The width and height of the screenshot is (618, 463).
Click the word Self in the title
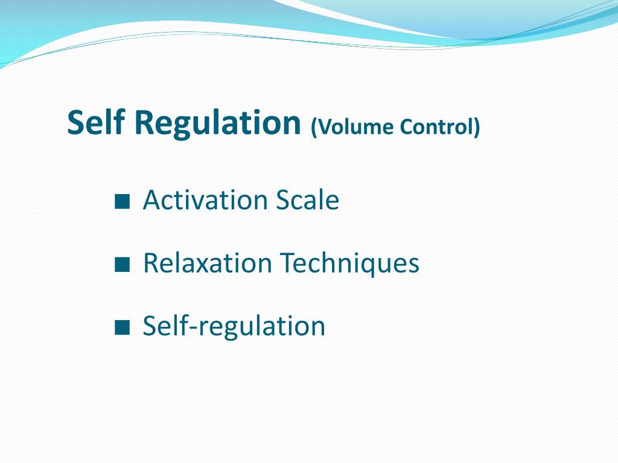(96, 122)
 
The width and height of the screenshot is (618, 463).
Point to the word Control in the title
(436, 127)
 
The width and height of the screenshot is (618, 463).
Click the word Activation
(206, 200)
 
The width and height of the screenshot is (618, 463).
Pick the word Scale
(307, 200)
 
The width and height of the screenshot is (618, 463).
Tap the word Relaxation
(208, 263)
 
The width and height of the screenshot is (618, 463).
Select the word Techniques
(349, 263)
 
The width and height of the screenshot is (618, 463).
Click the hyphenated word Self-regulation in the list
(234, 326)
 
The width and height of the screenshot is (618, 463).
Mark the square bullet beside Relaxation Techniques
(122, 265)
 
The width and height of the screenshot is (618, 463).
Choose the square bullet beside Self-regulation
(122, 327)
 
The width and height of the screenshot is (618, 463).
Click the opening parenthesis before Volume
(314, 128)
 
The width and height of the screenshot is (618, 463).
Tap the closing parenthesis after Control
(477, 128)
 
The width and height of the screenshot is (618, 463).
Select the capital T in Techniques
(288, 263)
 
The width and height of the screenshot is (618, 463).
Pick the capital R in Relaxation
(151, 263)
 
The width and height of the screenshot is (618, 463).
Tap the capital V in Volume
(325, 127)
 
